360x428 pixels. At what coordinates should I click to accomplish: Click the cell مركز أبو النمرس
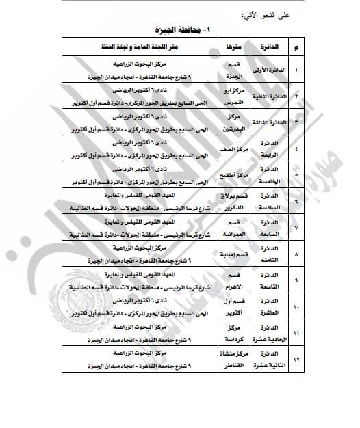point(224,96)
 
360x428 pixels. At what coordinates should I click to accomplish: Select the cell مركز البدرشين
point(224,122)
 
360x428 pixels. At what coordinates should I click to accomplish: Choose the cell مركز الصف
point(224,148)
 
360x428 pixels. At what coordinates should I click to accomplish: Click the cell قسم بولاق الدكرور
point(224,201)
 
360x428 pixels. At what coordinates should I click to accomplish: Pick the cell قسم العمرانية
point(224,227)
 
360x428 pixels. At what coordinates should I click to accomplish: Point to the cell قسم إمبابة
point(224,254)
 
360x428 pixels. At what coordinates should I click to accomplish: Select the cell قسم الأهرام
point(224,280)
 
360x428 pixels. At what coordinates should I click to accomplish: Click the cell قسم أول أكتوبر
point(224,306)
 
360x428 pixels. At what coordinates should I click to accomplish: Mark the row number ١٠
point(295,307)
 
